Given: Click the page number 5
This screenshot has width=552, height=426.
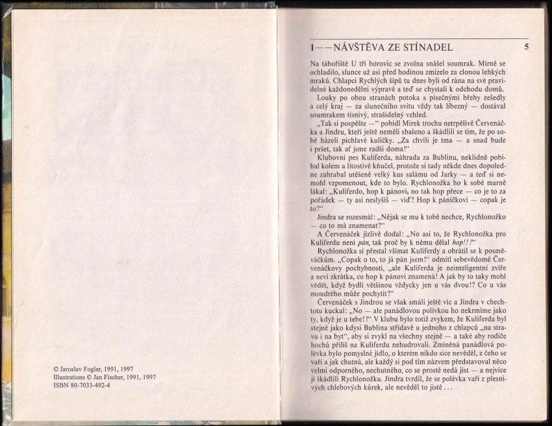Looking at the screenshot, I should point(527,47).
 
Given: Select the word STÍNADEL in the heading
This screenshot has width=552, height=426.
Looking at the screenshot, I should point(428,47).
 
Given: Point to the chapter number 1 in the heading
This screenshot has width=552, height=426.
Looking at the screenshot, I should point(313,47).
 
